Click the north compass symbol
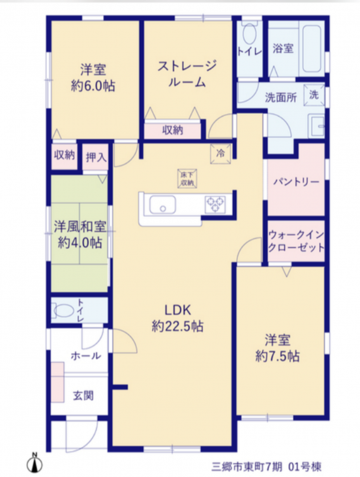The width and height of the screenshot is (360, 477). coord(34,463)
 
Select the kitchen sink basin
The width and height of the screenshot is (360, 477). coord(162,205)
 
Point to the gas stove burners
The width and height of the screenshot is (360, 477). coord(216,204)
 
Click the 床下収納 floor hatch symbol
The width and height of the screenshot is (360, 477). coord(188,179)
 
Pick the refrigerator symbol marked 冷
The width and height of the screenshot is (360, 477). coord(221,154)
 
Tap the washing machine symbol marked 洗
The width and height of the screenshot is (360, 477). coord(314,95)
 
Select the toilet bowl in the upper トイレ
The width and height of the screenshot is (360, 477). coord(249,34)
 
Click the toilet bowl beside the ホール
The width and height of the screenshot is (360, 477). coord(64,311)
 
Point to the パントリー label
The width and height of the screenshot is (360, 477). coord(296,182)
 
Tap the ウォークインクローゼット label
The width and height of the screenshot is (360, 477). coord(296,241)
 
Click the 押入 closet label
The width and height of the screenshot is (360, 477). coord(96,158)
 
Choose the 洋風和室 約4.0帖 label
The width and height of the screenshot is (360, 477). coord(80,235)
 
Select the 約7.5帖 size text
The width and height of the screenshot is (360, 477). coord(277,356)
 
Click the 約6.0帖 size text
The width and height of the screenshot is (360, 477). coord(93,86)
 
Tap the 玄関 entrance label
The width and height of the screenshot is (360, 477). coord(83,396)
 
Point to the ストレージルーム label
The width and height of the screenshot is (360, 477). coord(187,74)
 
